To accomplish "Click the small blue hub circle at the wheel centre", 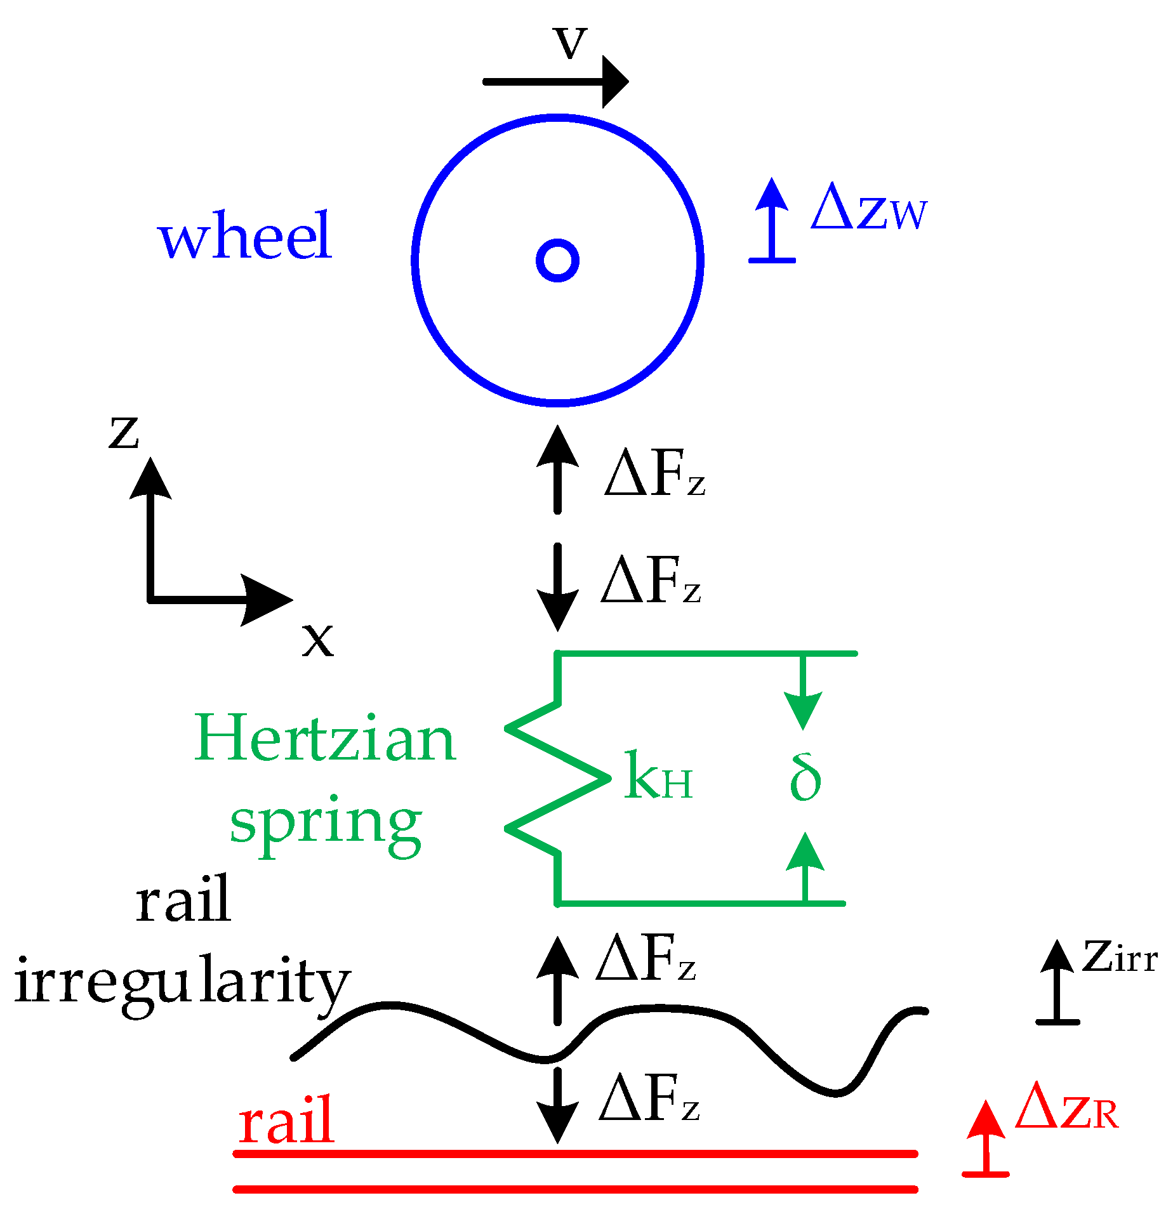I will click(557, 260).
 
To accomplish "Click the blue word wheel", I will click(245, 236).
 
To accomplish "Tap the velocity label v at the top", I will click(571, 43).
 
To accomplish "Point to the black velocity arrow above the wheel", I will click(555, 82).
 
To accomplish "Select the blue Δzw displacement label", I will click(869, 208).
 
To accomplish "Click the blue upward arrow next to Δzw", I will click(772, 222).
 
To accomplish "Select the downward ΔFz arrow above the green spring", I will click(557, 587).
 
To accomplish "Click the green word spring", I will click(325, 822).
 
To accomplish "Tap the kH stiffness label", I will click(658, 776).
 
